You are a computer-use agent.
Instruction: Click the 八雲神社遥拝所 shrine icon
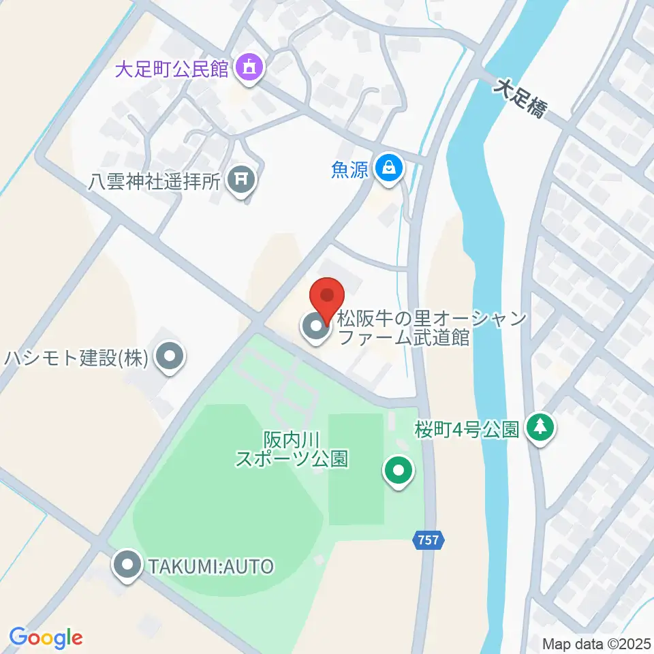[242, 181]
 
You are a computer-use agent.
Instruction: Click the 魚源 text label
[350, 168]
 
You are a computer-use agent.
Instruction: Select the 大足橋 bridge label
[520, 97]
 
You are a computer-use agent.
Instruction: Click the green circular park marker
[399, 471]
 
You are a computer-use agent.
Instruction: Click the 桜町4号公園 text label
[467, 429]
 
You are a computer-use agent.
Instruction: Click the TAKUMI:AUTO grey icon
[127, 565]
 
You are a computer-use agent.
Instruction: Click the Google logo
[46, 637]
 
